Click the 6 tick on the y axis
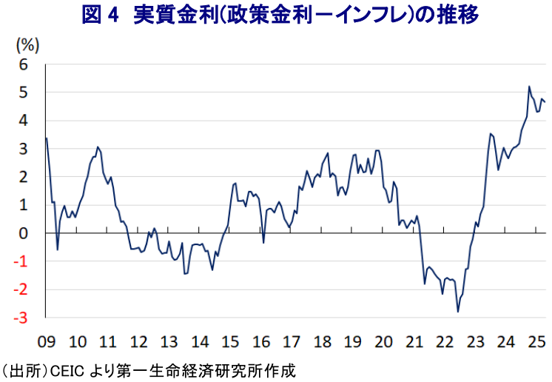pos(24,65)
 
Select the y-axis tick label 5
pos(24,93)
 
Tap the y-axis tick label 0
pos(24,234)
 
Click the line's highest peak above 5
pos(529,87)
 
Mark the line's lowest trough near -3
pos(458,312)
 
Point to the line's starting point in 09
pos(47,138)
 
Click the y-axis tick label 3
pos(24,150)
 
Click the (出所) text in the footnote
pos(24,369)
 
